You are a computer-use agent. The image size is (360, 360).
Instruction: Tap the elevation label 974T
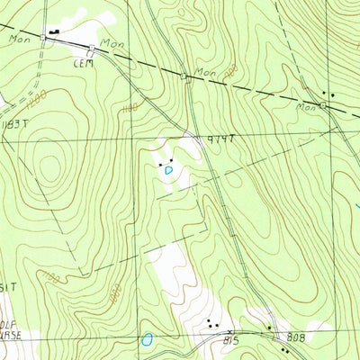pyautogui.click(x=220, y=139)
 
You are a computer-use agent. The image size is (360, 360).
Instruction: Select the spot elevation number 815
pyautogui.click(x=231, y=341)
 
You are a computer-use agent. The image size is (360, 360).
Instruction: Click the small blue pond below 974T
pyautogui.click(x=167, y=168)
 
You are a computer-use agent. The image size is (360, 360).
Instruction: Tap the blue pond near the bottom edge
pyautogui.click(x=146, y=340)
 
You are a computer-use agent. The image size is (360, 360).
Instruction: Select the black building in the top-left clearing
pyautogui.click(x=53, y=31)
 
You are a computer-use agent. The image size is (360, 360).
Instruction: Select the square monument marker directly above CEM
pyautogui.click(x=92, y=48)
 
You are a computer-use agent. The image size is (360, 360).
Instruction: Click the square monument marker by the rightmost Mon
pyautogui.click(x=323, y=105)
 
